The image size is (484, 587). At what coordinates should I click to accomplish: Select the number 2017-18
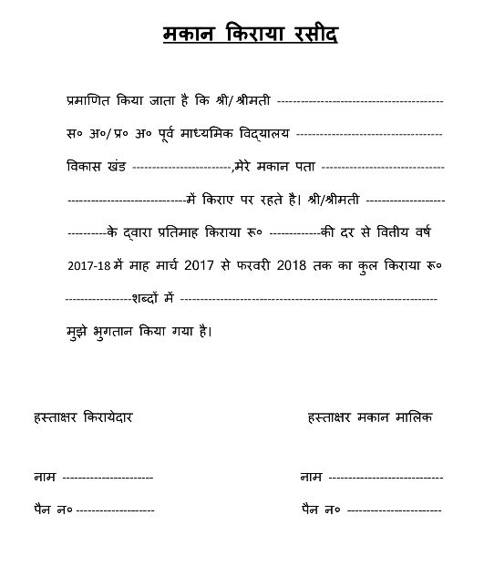coord(88,265)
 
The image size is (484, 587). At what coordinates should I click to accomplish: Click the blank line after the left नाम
coord(108,477)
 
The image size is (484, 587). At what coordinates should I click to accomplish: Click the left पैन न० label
coord(53,508)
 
